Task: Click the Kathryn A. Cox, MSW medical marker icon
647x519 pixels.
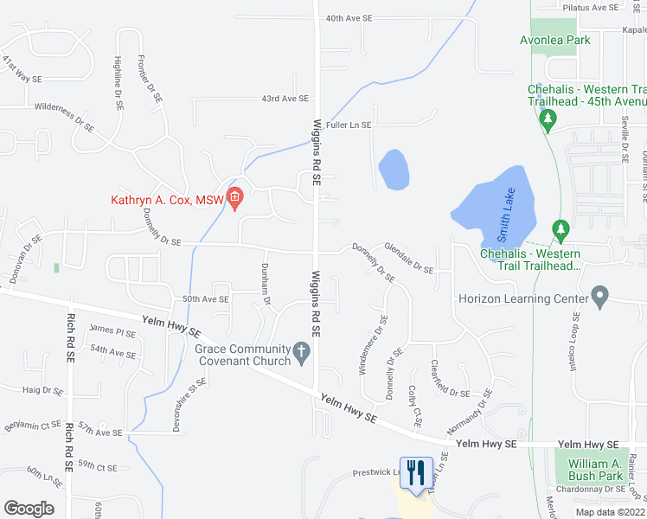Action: point(234,200)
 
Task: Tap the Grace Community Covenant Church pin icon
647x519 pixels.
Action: point(301,351)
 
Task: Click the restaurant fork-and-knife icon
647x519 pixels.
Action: point(416,472)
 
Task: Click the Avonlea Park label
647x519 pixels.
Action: point(554,40)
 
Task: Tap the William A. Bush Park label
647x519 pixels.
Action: point(596,470)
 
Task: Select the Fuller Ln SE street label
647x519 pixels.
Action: point(348,125)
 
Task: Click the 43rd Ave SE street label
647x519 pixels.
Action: point(285,99)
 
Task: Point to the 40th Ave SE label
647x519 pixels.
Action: point(349,17)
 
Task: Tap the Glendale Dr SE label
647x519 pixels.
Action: point(409,257)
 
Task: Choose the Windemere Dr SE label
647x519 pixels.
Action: point(373,344)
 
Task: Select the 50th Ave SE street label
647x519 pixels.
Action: point(204,299)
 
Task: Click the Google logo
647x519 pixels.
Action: point(29,509)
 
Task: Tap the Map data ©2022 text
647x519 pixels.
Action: point(610,512)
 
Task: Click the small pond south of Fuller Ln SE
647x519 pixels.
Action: point(394,170)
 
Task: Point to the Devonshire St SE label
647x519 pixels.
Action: point(190,397)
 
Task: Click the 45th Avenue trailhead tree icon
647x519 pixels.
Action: point(547,124)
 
